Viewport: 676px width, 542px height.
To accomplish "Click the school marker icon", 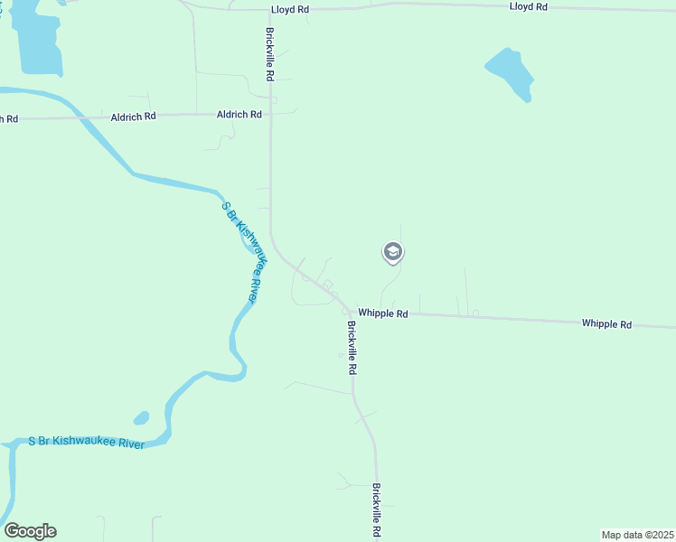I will click(x=392, y=252).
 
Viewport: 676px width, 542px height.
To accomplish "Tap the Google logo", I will click(x=30, y=531).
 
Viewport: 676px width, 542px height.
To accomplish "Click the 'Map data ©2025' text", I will click(x=637, y=534).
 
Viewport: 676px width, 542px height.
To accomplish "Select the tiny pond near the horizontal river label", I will click(x=141, y=418).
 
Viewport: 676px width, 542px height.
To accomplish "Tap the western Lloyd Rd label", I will click(x=290, y=9).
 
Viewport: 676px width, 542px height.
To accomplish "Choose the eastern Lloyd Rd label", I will click(x=529, y=6).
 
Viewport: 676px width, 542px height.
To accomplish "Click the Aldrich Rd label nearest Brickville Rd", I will click(x=239, y=115).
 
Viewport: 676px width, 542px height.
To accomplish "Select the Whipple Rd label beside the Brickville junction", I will click(x=383, y=313).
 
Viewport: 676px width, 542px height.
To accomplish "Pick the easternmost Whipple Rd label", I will click(x=606, y=323).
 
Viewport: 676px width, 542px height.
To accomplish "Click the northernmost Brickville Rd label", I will click(x=270, y=54).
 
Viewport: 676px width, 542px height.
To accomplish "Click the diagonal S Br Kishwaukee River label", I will click(x=245, y=251).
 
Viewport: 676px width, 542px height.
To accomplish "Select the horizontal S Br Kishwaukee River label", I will click(x=86, y=440).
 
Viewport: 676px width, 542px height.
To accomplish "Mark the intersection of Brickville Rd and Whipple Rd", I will click(x=350, y=313).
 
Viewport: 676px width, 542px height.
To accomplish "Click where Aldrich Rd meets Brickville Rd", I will click(x=270, y=115).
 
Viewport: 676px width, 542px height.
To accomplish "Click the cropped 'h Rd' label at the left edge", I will click(x=9, y=118).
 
